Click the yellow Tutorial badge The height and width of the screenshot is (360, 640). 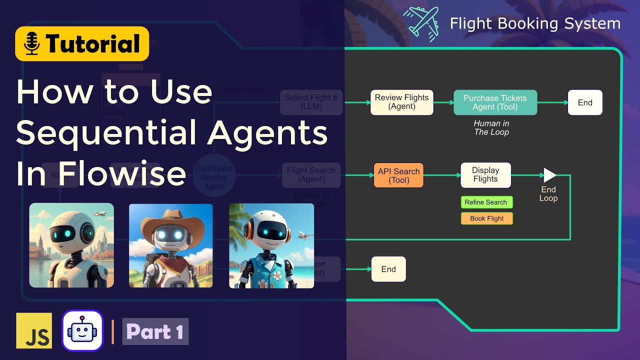[82, 43]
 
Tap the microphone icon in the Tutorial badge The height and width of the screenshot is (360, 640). [32, 44]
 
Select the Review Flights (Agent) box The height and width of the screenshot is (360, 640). [401, 102]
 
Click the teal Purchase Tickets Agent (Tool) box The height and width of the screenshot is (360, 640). [495, 102]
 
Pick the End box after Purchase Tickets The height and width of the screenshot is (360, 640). [584, 102]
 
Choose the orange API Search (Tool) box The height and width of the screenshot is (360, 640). [398, 175]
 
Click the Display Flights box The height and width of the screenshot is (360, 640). [485, 175]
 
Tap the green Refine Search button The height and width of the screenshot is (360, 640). [486, 202]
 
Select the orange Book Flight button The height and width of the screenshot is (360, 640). [486, 218]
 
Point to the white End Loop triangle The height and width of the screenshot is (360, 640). [549, 175]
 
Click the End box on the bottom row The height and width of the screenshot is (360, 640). [388, 269]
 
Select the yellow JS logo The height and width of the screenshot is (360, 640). [34, 330]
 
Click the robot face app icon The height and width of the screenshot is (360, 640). [82, 330]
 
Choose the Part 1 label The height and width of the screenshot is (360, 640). [155, 331]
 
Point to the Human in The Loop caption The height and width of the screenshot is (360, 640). [491, 128]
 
